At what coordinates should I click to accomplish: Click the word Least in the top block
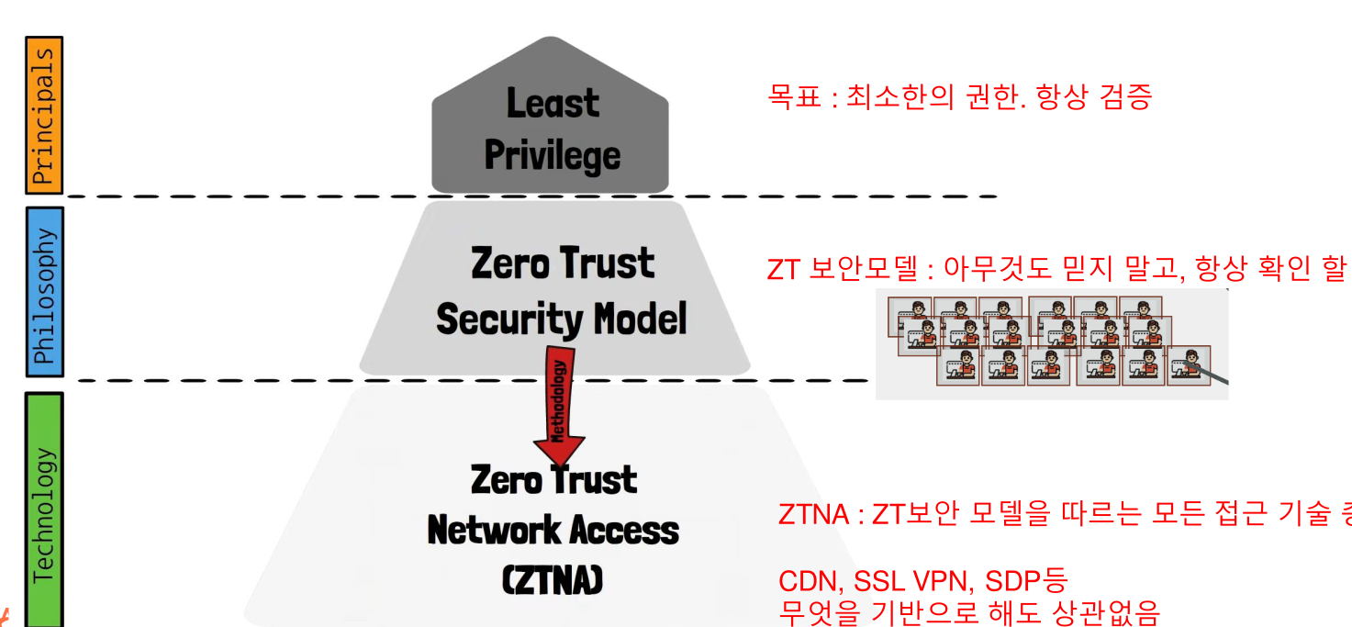[x=553, y=103]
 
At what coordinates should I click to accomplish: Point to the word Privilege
[x=553, y=154]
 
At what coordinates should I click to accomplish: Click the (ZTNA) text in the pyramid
[x=553, y=580]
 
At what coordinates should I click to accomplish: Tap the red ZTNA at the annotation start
[x=813, y=515]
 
